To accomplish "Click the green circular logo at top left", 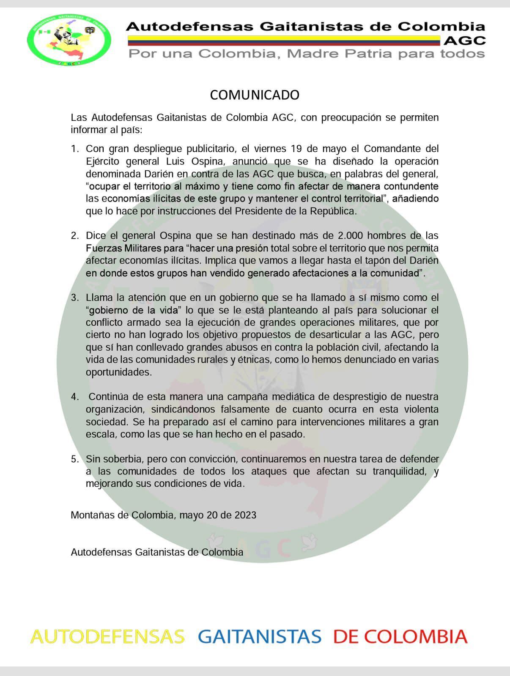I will [69, 39].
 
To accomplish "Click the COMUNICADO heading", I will [255, 95].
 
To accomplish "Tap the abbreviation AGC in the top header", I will [465, 41].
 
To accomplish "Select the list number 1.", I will [75, 149].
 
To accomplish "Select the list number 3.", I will [75, 298].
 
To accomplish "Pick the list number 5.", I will [75, 459].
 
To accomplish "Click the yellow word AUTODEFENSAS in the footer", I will [107, 637].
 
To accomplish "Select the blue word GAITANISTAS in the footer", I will [259, 637].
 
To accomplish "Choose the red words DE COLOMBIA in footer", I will [400, 637].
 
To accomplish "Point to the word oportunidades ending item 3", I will [118, 372].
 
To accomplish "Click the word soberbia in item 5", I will [123, 459].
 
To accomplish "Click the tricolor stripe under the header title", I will [283, 41].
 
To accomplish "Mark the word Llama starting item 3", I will [99, 298].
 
